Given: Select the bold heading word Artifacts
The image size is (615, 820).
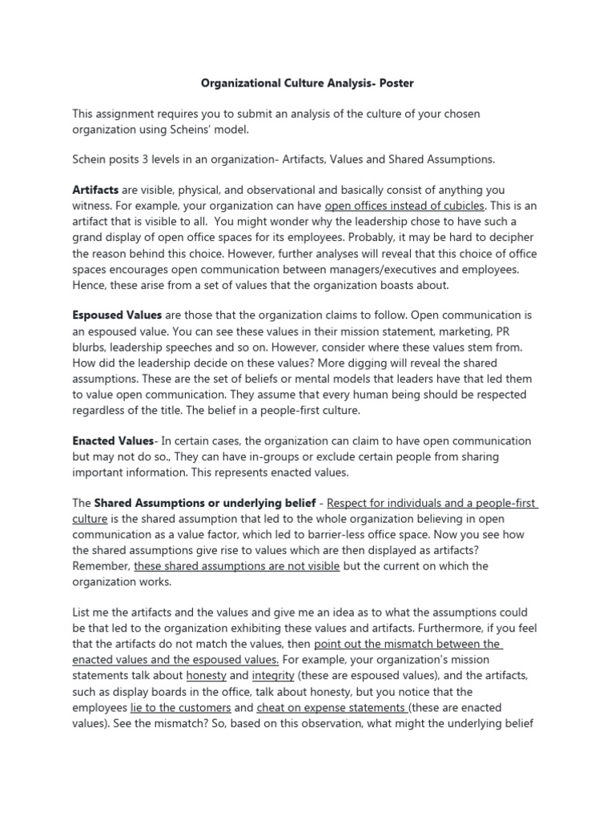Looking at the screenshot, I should click(95, 190).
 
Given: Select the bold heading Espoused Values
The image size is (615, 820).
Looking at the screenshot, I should click(117, 316).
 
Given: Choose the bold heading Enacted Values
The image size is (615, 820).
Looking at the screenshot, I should click(112, 440).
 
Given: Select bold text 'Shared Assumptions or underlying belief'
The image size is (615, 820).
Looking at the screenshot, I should click(203, 503).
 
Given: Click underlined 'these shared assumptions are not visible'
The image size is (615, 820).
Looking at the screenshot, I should click(237, 565).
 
